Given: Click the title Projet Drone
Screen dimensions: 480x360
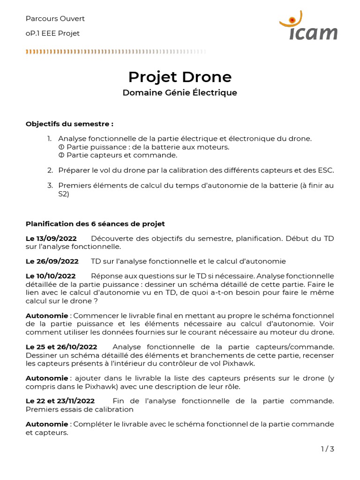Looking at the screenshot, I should click(x=180, y=76).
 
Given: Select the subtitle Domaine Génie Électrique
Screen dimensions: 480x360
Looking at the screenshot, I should click(x=180, y=93).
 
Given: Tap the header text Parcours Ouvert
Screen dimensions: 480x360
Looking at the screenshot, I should click(x=55, y=19).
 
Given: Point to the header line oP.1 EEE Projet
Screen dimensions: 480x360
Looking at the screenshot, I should click(x=52, y=33).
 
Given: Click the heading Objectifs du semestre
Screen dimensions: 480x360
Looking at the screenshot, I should click(x=69, y=124).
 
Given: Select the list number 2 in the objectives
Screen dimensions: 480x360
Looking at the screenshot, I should click(x=50, y=170).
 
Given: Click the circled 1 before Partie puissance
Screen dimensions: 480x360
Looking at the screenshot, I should click(x=61, y=147).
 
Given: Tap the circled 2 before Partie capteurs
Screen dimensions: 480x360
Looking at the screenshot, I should click(x=61, y=155).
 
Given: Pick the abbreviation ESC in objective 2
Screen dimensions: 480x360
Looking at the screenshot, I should click(x=326, y=170).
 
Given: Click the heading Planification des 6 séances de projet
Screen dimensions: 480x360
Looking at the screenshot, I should click(x=95, y=224).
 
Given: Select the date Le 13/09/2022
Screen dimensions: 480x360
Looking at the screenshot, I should click(x=51, y=239).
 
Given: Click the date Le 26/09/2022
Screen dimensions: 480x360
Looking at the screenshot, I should click(x=52, y=261).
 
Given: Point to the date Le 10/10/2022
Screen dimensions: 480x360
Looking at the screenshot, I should click(x=51, y=276).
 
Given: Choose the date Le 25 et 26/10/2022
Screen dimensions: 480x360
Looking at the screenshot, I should click(x=61, y=347).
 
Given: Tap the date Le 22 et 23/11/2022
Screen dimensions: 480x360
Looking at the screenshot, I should click(x=60, y=401).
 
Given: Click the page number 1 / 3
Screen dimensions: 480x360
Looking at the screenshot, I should click(x=327, y=449).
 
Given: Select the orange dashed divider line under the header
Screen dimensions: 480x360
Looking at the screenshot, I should click(x=115, y=51).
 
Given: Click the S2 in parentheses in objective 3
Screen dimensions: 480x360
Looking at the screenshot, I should click(x=63, y=194).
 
